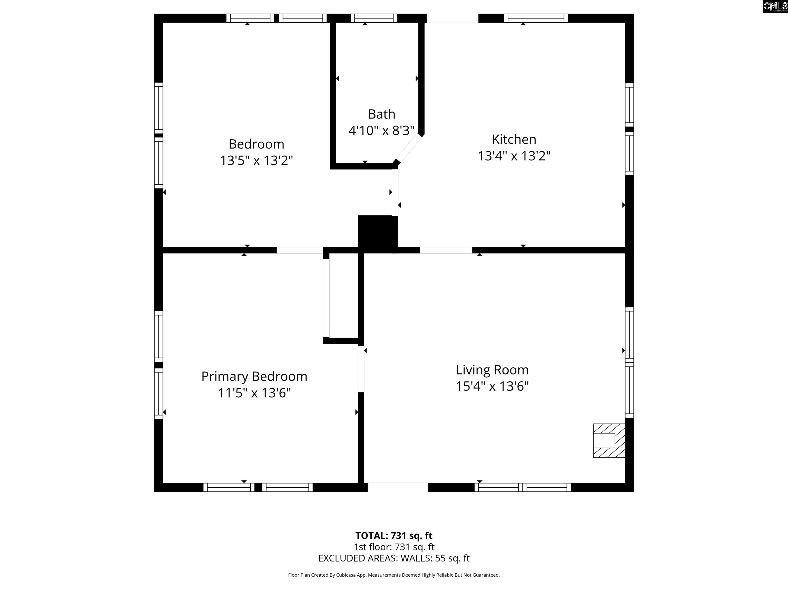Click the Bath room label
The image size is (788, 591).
pos(381,114)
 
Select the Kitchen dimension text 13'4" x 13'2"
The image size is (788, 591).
pos(514,156)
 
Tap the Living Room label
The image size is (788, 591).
pos(492,370)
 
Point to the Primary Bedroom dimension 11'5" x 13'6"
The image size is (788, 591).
pos(254,393)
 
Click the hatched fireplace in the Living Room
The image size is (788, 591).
pos(609,440)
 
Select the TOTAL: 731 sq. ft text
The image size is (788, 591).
pos(394,535)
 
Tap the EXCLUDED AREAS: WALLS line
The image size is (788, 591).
pos(394,558)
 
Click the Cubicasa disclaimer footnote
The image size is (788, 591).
pos(394,575)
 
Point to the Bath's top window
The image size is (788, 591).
pos(374,18)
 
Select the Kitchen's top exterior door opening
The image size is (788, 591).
pos(452,18)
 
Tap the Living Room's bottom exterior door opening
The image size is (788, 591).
pos(398,487)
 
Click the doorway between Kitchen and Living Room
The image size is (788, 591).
pos(446,250)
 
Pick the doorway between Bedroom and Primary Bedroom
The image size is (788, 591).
pos(300,250)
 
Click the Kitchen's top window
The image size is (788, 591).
pos(536,18)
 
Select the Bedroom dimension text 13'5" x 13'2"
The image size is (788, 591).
pos(257,161)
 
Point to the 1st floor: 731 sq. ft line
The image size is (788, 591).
pos(394,547)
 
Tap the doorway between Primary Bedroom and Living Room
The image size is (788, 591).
pos(361,369)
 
